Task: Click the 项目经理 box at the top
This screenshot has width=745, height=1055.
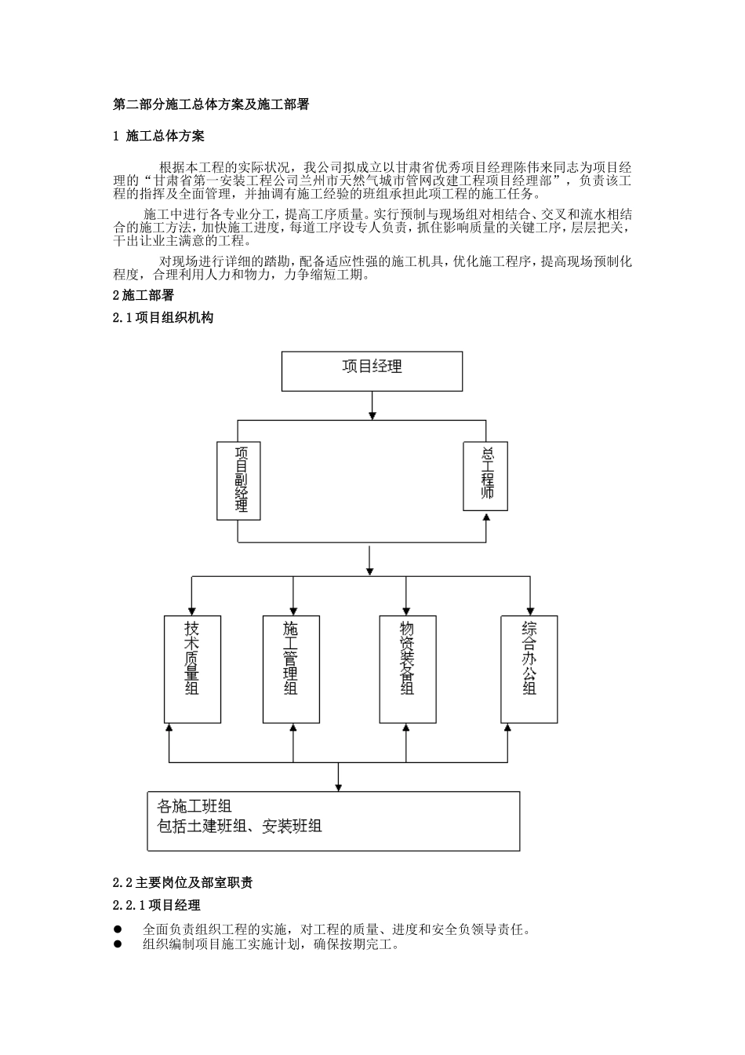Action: point(372,371)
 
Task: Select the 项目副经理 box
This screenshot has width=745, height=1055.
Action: point(238,480)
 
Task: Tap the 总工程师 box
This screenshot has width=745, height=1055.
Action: point(485,476)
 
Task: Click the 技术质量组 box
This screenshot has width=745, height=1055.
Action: point(192,669)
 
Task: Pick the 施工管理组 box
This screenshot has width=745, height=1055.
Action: point(291,669)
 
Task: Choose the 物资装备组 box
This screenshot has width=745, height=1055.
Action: point(407,669)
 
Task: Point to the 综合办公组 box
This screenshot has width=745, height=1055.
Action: point(529,669)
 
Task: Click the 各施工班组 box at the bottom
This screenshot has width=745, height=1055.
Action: point(333,820)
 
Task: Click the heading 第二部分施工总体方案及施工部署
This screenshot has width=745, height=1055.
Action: point(211,104)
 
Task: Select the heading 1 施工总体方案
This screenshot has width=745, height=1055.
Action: point(159,136)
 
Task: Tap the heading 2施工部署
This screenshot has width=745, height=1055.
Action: point(144,296)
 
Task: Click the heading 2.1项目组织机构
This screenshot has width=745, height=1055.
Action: point(163,318)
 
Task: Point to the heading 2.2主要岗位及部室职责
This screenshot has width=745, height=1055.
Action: point(183,882)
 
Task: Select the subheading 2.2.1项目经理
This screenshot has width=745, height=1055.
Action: point(157,906)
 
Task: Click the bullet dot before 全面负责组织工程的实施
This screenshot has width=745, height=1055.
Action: point(118,929)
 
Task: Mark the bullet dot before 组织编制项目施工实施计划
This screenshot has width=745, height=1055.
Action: point(118,944)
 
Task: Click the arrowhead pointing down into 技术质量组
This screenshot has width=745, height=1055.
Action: point(190,611)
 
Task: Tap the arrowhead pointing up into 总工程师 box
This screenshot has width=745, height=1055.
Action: point(486,517)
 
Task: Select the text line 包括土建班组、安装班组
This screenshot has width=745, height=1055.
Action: point(239,827)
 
